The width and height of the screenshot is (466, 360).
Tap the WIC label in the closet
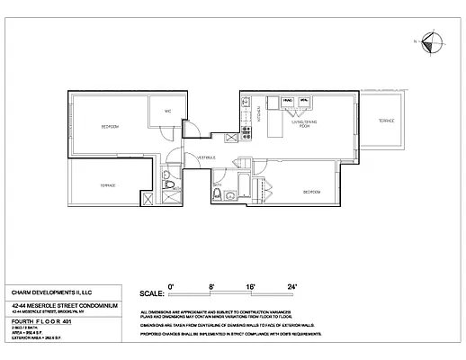(x=167, y=112)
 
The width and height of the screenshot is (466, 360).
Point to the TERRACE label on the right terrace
(x=385, y=121)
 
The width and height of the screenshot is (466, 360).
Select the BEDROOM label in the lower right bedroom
(x=310, y=192)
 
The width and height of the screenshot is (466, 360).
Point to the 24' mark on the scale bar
(x=291, y=285)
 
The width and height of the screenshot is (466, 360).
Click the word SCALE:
(x=152, y=293)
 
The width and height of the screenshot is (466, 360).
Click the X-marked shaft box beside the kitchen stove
(x=231, y=138)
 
